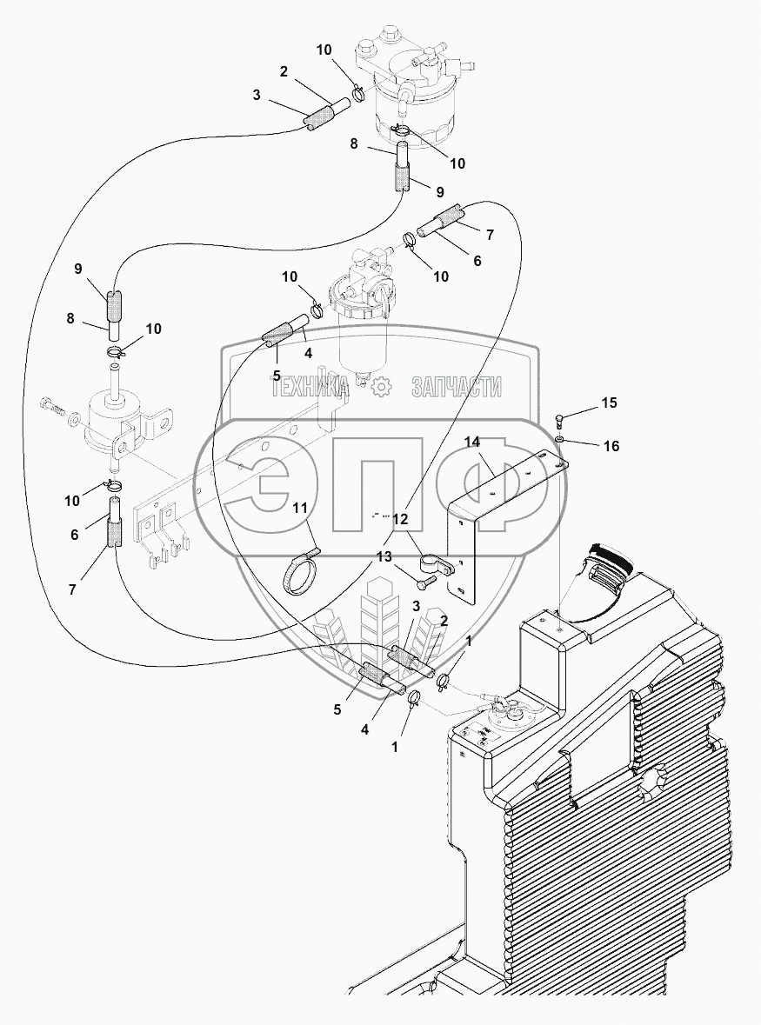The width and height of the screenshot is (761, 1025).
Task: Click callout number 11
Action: coord(300,509)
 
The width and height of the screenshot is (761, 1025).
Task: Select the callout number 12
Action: coord(400,519)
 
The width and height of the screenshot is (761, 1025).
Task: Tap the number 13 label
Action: coord(384,557)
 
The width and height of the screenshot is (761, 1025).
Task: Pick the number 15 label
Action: coord(609,403)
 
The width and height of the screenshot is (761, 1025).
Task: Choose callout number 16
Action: coord(611,446)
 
